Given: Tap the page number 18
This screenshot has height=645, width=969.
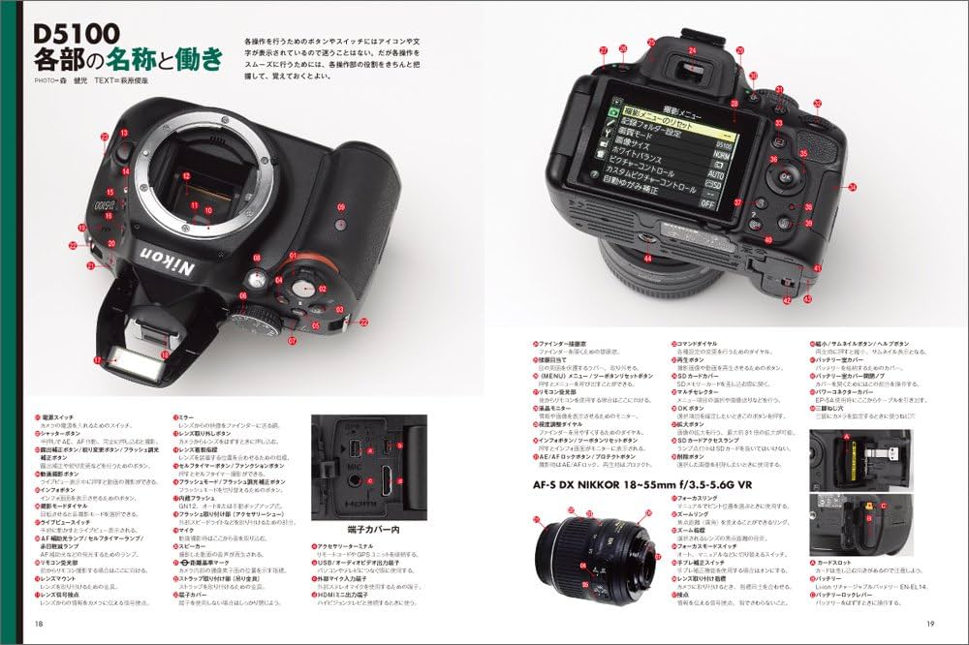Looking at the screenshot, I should point(39,622).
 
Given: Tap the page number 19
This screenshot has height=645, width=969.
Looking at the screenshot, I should point(929,622).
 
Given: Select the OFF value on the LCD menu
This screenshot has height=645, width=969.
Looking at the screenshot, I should point(707,202).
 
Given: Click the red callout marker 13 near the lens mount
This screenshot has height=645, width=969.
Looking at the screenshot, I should point(124,133).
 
